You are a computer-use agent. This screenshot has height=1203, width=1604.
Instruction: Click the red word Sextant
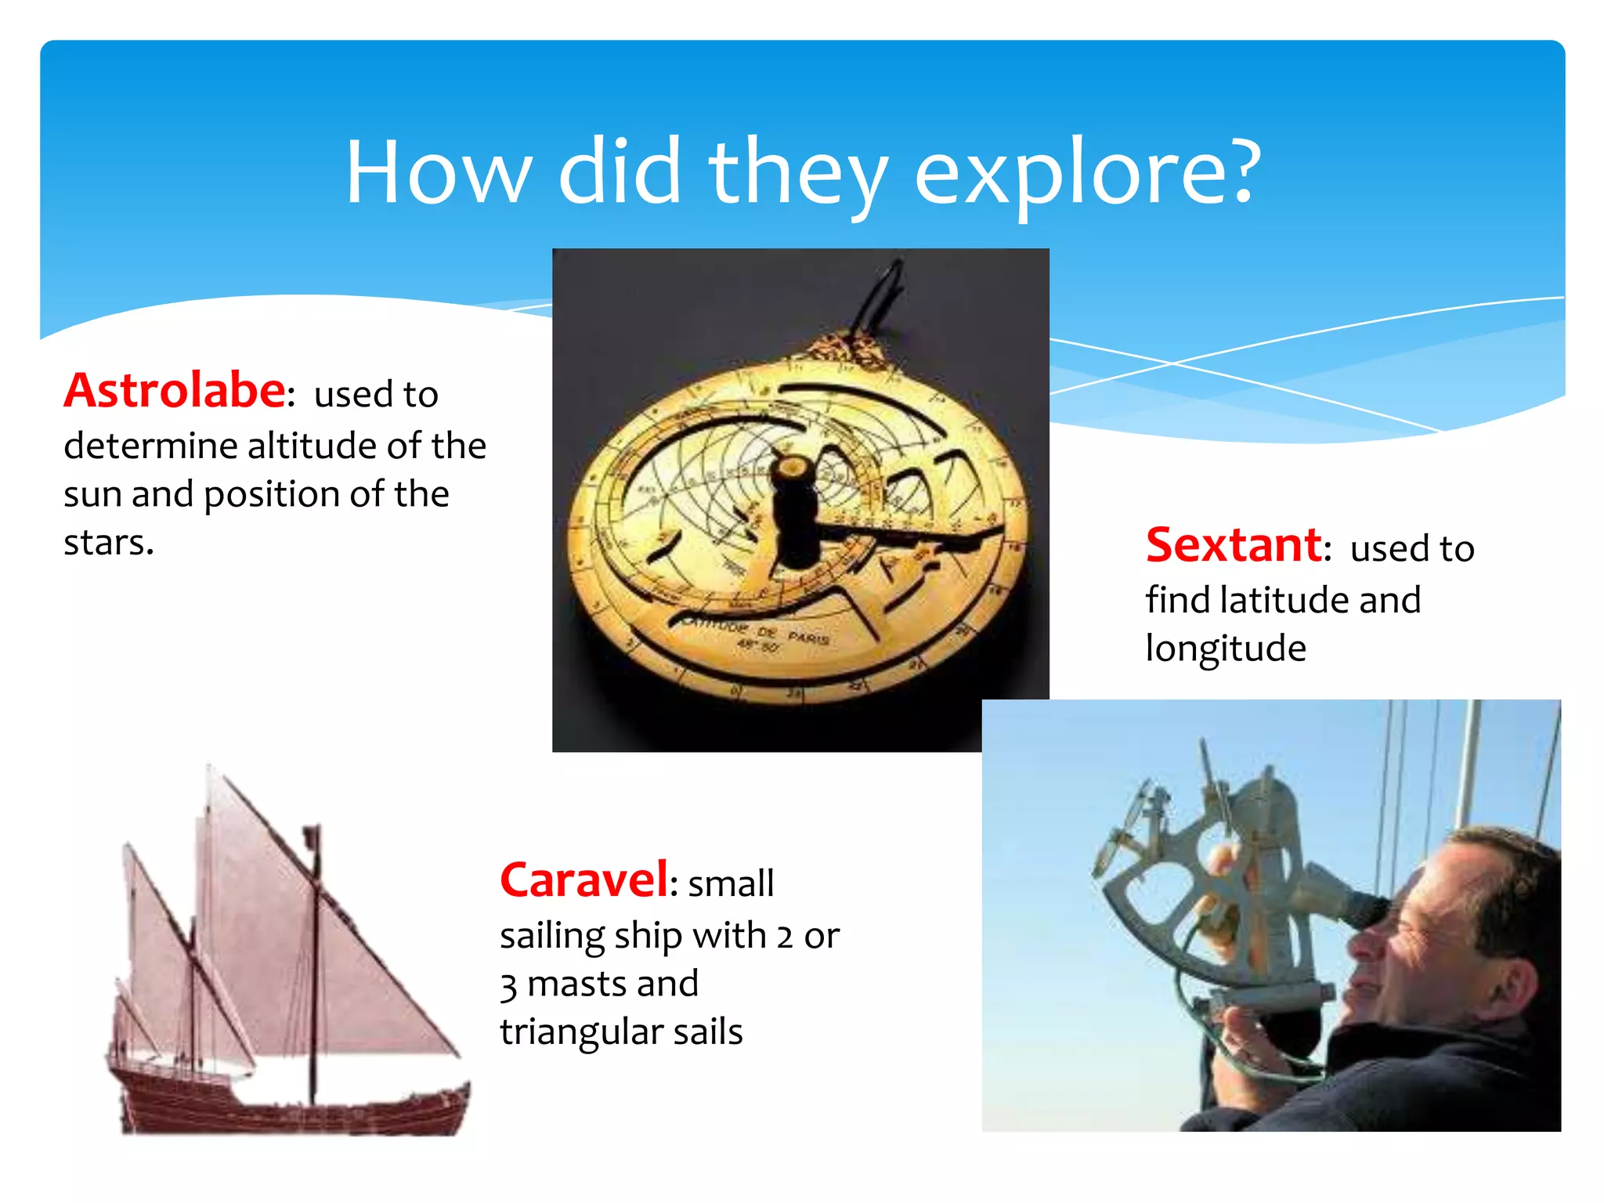[1234, 545]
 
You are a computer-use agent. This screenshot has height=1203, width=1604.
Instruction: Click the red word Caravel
[583, 880]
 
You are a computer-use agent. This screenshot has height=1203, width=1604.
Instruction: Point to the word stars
[108, 542]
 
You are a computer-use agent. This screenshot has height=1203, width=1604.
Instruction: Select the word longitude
[1225, 648]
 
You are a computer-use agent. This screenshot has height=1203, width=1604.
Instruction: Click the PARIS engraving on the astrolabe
[808, 638]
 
